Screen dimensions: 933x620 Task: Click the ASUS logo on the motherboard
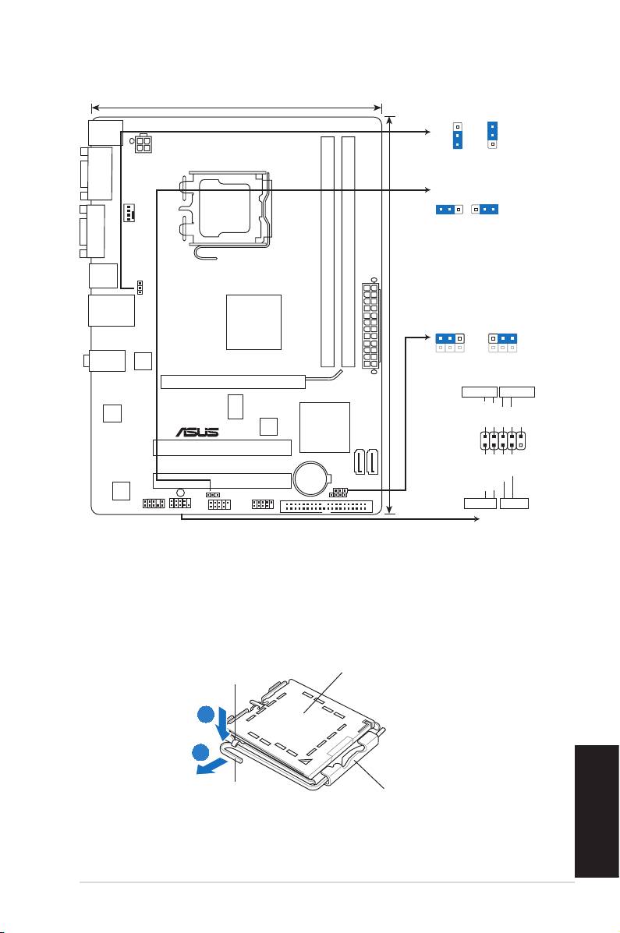click(x=197, y=431)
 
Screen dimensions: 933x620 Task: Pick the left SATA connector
click(x=359, y=461)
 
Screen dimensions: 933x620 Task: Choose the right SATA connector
click(x=374, y=461)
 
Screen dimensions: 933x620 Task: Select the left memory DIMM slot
click(x=328, y=249)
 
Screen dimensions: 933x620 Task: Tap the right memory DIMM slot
click(x=348, y=249)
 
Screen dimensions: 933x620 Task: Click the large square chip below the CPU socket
click(x=253, y=322)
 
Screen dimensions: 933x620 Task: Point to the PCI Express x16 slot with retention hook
click(x=234, y=381)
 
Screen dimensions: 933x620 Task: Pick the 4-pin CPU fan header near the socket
click(x=130, y=212)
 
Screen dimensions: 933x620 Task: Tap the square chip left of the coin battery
click(x=268, y=426)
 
